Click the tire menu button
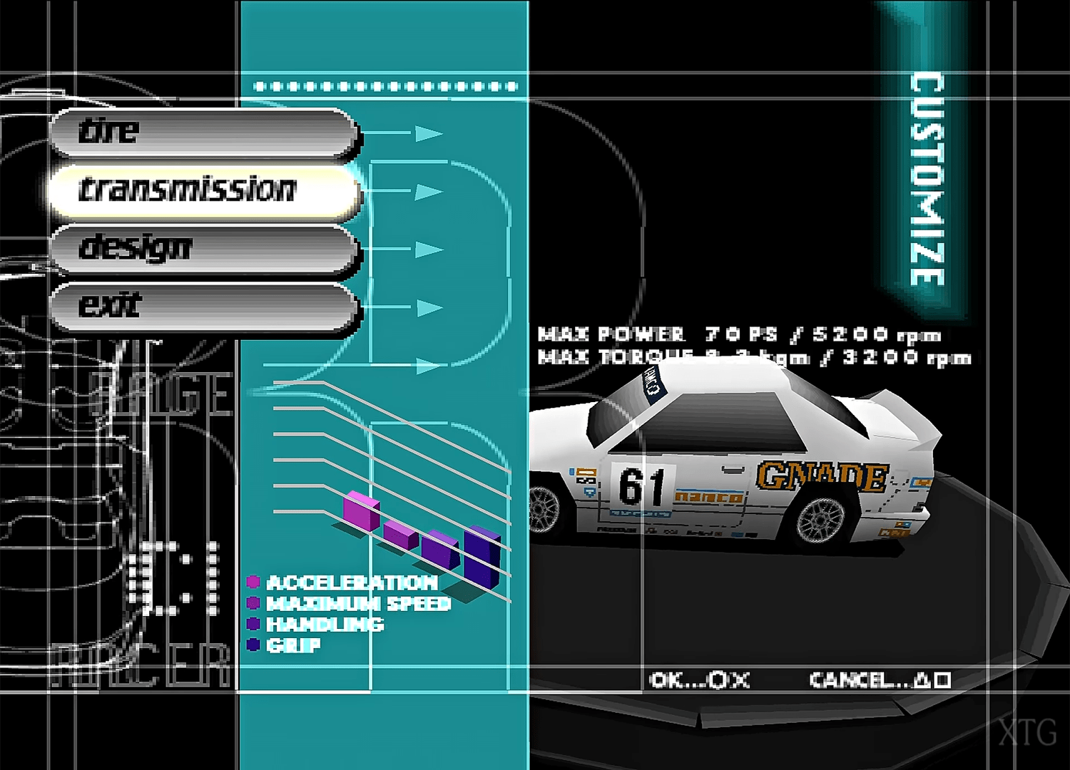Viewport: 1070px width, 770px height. [x=203, y=133]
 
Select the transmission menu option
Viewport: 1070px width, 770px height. [x=203, y=190]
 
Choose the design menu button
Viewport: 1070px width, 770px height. [x=203, y=248]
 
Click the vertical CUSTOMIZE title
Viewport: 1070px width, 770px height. [x=927, y=178]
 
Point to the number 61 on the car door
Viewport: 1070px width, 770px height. [x=641, y=486]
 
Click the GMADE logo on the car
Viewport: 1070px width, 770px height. [x=822, y=476]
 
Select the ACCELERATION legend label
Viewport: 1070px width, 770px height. [x=351, y=583]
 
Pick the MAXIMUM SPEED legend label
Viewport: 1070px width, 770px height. [x=358, y=604]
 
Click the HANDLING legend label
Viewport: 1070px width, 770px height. [x=325, y=625]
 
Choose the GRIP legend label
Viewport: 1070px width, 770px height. [x=293, y=645]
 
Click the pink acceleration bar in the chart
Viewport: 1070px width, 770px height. [x=361, y=511]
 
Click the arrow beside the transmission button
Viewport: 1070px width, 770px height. [x=428, y=192]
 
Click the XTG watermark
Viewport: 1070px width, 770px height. [x=1027, y=732]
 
